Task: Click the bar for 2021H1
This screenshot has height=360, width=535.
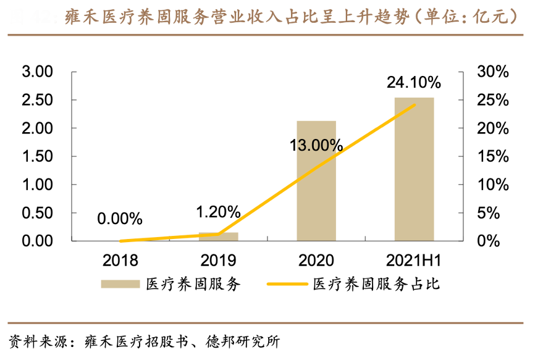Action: pyautogui.click(x=414, y=169)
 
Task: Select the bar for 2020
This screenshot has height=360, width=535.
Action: pyautogui.click(x=316, y=180)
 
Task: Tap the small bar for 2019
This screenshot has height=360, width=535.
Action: pyautogui.click(x=218, y=237)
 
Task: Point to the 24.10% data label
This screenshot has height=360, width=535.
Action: pyautogui.click(x=414, y=82)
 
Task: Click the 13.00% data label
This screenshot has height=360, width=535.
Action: pyautogui.click(x=316, y=145)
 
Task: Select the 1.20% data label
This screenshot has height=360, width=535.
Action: pyautogui.click(x=218, y=212)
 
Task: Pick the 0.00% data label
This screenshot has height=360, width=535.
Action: pyautogui.click(x=120, y=219)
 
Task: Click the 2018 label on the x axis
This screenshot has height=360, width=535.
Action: pyautogui.click(x=120, y=259)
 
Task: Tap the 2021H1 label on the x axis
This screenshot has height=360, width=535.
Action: pyautogui.click(x=414, y=259)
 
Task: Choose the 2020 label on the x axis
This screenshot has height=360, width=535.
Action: pyautogui.click(x=316, y=259)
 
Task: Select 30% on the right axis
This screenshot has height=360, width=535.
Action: pyautogui.click(x=493, y=72)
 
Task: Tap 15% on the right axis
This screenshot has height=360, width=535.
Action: pyautogui.click(x=493, y=156)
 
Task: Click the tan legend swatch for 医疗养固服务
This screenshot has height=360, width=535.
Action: pyautogui.click(x=121, y=285)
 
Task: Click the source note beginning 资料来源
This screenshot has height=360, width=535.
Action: pyautogui.click(x=145, y=341)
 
